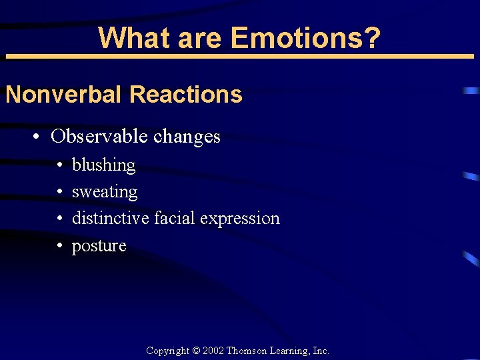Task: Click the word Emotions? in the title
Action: click(x=306, y=38)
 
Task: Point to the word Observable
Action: click(x=99, y=137)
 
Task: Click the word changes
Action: click(x=187, y=137)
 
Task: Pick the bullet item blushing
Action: click(x=103, y=165)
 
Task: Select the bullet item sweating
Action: click(x=105, y=192)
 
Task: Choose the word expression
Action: click(x=240, y=219)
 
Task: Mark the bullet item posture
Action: click(x=99, y=246)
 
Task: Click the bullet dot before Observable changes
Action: click(x=38, y=137)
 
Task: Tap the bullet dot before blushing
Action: click(x=59, y=165)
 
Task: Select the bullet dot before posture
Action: click(x=59, y=247)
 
